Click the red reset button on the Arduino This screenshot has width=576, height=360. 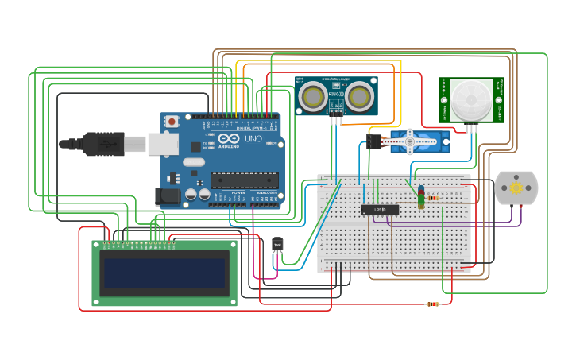[x=172, y=122]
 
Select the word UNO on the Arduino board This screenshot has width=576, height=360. [x=253, y=139]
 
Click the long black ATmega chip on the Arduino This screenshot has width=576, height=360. [x=244, y=180]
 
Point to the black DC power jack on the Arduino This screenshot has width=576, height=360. [x=168, y=195]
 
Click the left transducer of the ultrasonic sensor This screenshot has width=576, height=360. [x=313, y=96]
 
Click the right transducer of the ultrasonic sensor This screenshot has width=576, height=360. [x=359, y=96]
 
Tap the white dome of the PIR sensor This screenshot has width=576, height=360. [x=471, y=99]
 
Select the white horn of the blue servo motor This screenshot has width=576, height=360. [x=412, y=142]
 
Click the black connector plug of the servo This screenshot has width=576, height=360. [x=374, y=141]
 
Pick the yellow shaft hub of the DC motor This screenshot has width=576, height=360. [x=516, y=188]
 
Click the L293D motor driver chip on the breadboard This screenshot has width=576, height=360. [x=380, y=210]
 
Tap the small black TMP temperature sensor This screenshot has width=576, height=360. [x=277, y=245]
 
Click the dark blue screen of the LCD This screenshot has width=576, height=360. [x=164, y=272]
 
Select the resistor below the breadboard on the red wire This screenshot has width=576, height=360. [x=433, y=304]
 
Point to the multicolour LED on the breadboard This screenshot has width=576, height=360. [x=421, y=195]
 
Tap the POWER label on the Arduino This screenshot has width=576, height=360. [x=238, y=192]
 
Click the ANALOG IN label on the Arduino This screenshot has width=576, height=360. [x=266, y=192]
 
